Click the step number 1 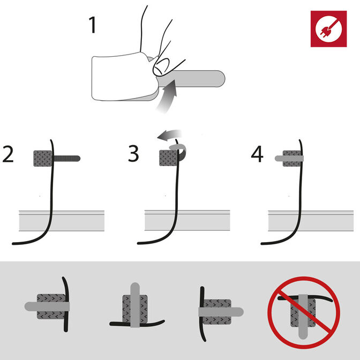92,25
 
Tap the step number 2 8,154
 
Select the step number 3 133,153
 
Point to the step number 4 257,154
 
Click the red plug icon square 329,29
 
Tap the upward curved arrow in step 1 167,96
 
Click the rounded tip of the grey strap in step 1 222,79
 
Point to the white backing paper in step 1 124,77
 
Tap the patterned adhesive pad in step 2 43,159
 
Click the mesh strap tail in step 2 67,159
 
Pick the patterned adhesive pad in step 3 169,158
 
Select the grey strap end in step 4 279,158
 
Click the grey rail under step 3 187,220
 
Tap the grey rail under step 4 311,220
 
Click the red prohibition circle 304,312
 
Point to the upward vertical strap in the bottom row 135,305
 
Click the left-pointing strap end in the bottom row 31,306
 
